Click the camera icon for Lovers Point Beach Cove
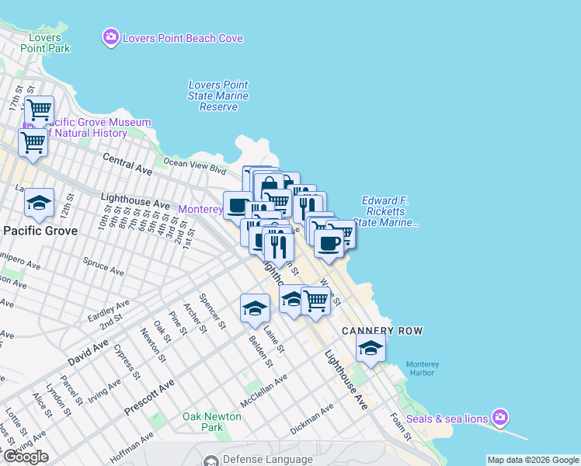coord(111,37)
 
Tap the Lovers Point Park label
coord(50,43)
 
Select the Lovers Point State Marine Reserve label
coord(218,96)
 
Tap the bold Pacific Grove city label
coord(40,231)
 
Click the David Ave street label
coord(90,352)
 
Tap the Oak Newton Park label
coord(212,422)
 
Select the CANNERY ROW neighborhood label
coord(383,331)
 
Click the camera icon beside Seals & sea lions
coord(501,419)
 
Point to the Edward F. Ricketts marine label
coord(385,211)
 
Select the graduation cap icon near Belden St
coord(254,308)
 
